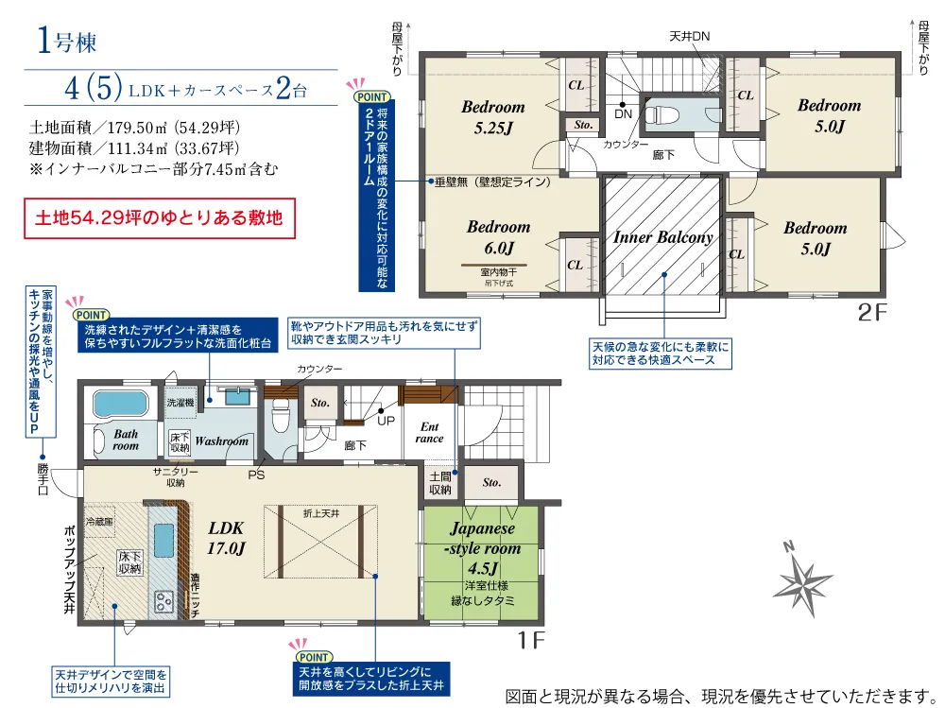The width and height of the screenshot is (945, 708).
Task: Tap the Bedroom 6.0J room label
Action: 498,237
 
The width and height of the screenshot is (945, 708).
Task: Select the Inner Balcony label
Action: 662,237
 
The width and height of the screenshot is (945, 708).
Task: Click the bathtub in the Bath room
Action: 120,404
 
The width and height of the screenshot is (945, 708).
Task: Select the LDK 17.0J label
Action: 227,539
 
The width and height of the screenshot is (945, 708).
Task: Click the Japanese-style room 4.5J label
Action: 482,549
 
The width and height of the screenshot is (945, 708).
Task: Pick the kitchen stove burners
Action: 163,599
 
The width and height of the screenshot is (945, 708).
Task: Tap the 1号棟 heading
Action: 67,41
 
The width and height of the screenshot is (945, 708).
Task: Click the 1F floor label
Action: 532,640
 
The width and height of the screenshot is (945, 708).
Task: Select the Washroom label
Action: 222,440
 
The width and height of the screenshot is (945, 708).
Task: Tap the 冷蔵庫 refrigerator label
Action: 99,521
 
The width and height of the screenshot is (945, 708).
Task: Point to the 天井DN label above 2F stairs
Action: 689,36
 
